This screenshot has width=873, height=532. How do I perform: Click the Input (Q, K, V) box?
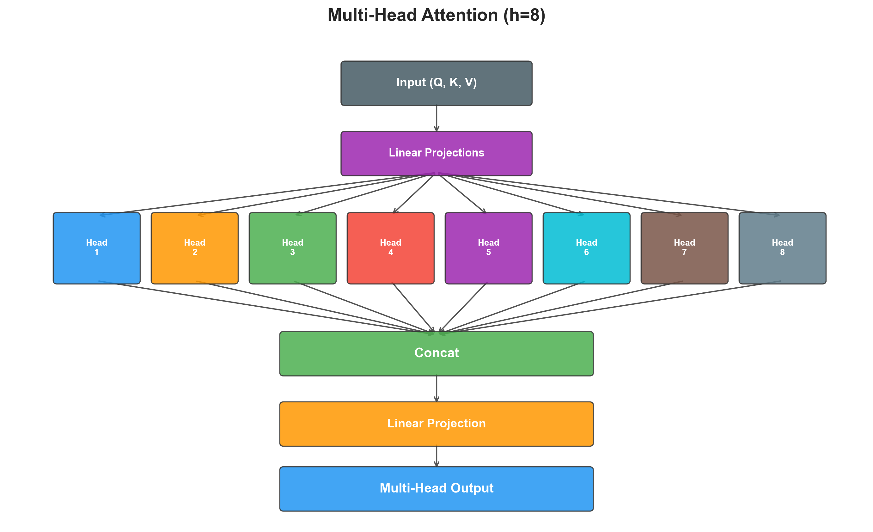pyautogui.click(x=436, y=83)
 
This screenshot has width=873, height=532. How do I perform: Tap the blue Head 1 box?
pyautogui.click(x=96, y=248)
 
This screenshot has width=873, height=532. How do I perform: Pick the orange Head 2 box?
pyautogui.click(x=194, y=248)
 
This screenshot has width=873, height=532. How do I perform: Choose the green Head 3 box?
pyautogui.click(x=292, y=248)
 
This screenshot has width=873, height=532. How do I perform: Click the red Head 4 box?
pyautogui.click(x=390, y=248)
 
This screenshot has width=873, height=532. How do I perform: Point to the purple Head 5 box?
pyautogui.click(x=488, y=248)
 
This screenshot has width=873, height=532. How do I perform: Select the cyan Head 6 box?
pyautogui.click(x=586, y=248)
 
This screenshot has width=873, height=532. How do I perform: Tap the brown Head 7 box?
pyautogui.click(x=684, y=248)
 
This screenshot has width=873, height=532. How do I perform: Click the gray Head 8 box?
pyautogui.click(x=782, y=248)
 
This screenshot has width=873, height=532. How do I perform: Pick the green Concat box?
pyautogui.click(x=436, y=353)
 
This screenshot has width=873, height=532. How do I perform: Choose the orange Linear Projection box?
pyautogui.click(x=436, y=424)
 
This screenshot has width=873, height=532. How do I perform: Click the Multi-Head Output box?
pyautogui.click(x=436, y=488)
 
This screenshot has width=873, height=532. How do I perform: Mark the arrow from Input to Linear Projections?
pyautogui.click(x=436, y=118)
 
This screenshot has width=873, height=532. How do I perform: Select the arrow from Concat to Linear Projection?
pyautogui.click(x=436, y=388)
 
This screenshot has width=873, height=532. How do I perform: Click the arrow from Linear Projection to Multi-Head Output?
pyautogui.click(x=436, y=456)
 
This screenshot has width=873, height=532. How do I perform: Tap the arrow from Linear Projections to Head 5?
pyautogui.click(x=462, y=194)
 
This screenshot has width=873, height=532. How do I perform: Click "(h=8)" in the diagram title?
pyautogui.click(x=524, y=15)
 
